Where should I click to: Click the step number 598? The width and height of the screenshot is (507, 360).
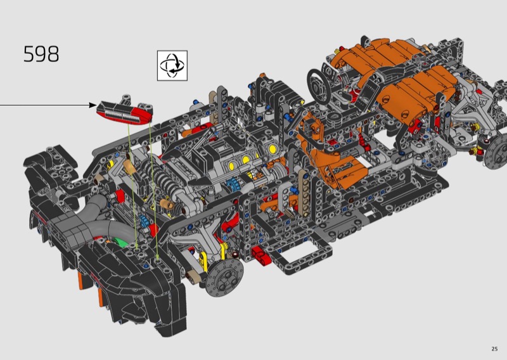click(41, 54)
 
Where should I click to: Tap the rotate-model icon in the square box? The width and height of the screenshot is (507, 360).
click(172, 65)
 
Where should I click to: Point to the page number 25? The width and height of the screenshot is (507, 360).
click(494, 349)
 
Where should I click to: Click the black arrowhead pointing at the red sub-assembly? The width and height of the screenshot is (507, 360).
click(93, 105)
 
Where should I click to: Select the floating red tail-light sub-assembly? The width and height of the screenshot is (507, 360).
click(125, 111)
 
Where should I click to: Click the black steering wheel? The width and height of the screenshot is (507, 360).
click(319, 87)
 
